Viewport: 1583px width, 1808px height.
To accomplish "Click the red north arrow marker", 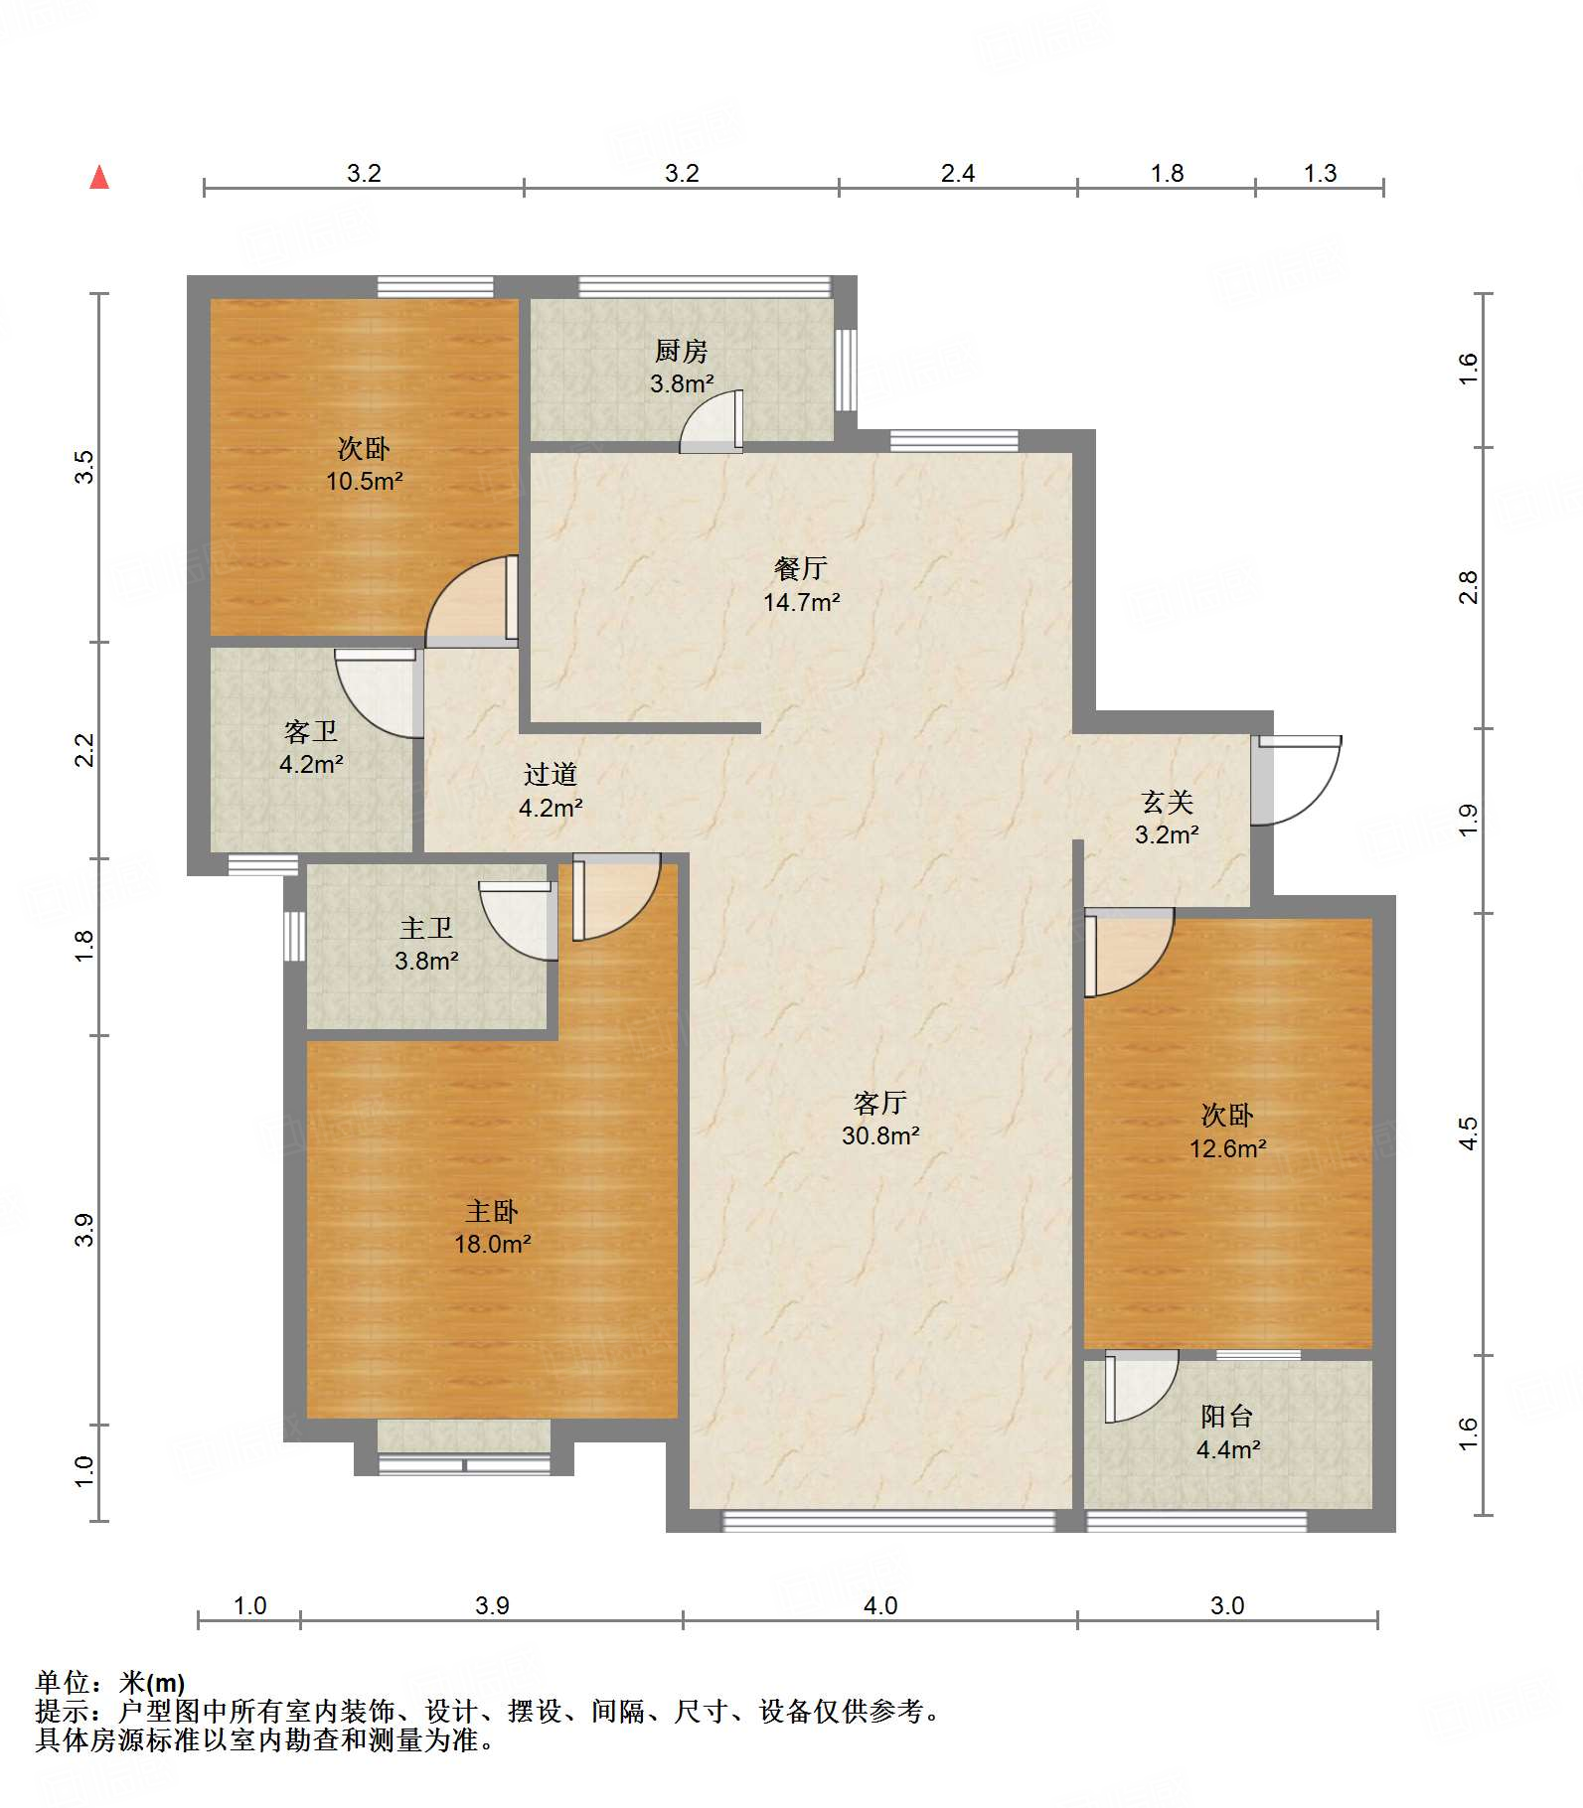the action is click(x=99, y=177).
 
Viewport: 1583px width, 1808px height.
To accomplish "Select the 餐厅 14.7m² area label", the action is click(x=801, y=585).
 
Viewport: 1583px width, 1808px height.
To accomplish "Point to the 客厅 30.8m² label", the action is click(x=880, y=1119).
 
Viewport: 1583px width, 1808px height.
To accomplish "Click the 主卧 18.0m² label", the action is click(x=493, y=1227).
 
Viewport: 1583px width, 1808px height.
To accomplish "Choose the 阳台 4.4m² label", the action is click(x=1228, y=1432).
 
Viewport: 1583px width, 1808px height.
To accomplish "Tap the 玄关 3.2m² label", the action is click(x=1167, y=818).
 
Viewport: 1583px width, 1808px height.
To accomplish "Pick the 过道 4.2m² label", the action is click(x=551, y=791).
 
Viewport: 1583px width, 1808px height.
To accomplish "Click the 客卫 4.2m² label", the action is click(x=311, y=748).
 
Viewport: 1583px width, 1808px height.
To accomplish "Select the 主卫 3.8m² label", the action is click(x=426, y=944).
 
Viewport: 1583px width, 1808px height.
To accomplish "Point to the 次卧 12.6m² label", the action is click(x=1228, y=1131).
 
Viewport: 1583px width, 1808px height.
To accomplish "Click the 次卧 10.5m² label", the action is click(x=365, y=465).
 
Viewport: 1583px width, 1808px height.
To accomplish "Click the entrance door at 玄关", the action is click(x=1296, y=780).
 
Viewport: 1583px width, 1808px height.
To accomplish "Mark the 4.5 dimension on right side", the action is click(x=1470, y=1132).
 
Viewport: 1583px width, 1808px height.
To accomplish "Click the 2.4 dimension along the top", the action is click(x=958, y=174).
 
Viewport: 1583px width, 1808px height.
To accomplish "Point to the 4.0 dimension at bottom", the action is click(x=880, y=1606).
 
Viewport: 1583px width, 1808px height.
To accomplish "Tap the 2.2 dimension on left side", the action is click(x=85, y=749).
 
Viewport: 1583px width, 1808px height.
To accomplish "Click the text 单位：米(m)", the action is click(x=110, y=1683).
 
